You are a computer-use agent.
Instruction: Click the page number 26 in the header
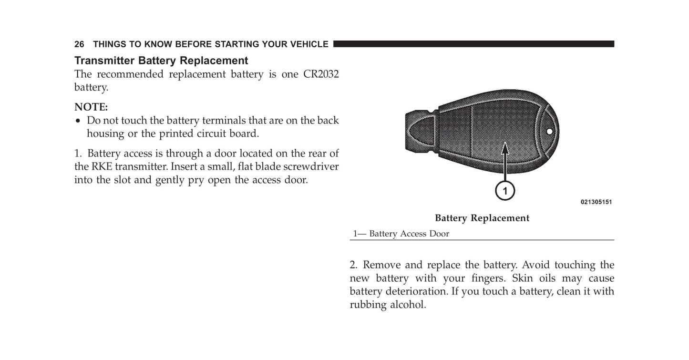[79, 44]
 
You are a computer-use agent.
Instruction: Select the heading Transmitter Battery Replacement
[161, 61]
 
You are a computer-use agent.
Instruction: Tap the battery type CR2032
[321, 74]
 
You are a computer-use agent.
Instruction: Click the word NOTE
[91, 107]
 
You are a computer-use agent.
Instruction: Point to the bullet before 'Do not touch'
[78, 121]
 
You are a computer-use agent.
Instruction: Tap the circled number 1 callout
[504, 191]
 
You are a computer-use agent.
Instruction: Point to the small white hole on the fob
[550, 131]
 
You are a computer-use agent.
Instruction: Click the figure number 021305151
[596, 202]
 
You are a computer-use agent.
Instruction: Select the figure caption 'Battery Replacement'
[482, 218]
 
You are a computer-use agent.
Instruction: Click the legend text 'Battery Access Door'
[409, 234]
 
